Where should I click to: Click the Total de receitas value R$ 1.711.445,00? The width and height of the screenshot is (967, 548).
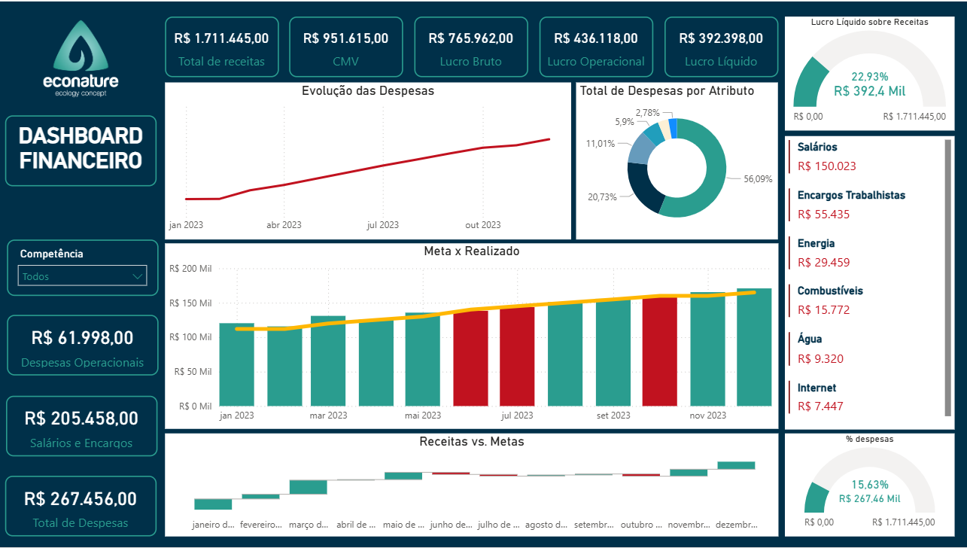coord(220,38)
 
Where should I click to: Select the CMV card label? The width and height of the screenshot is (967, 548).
coord(345,62)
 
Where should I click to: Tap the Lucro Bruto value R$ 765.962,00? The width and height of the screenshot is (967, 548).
coord(470,38)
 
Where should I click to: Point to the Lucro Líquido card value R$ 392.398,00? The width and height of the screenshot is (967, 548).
coord(721,38)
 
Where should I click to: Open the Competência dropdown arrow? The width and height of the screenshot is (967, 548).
coord(138,276)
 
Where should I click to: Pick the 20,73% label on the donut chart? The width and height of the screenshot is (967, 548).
coord(602,196)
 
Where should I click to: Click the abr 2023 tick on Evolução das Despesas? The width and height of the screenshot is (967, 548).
coord(284,225)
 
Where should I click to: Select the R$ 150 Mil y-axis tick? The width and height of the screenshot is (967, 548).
coord(190,303)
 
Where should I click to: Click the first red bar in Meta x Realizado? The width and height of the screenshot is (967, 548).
coord(470,358)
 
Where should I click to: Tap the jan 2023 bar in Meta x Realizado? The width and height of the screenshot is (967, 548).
coord(236,364)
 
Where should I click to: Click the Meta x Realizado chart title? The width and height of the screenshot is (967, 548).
coord(471,251)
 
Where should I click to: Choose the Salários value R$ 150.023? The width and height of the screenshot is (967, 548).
coord(826,166)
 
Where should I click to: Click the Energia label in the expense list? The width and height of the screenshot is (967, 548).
coord(816,243)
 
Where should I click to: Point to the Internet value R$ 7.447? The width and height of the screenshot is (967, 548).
coord(820,406)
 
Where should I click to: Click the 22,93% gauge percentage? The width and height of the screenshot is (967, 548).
coord(869,77)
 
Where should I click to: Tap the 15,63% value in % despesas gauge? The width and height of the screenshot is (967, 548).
coord(869,485)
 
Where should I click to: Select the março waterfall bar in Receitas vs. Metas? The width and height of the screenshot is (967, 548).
coord(308,486)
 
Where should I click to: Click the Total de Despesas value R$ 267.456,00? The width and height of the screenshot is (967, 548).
coord(81,499)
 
